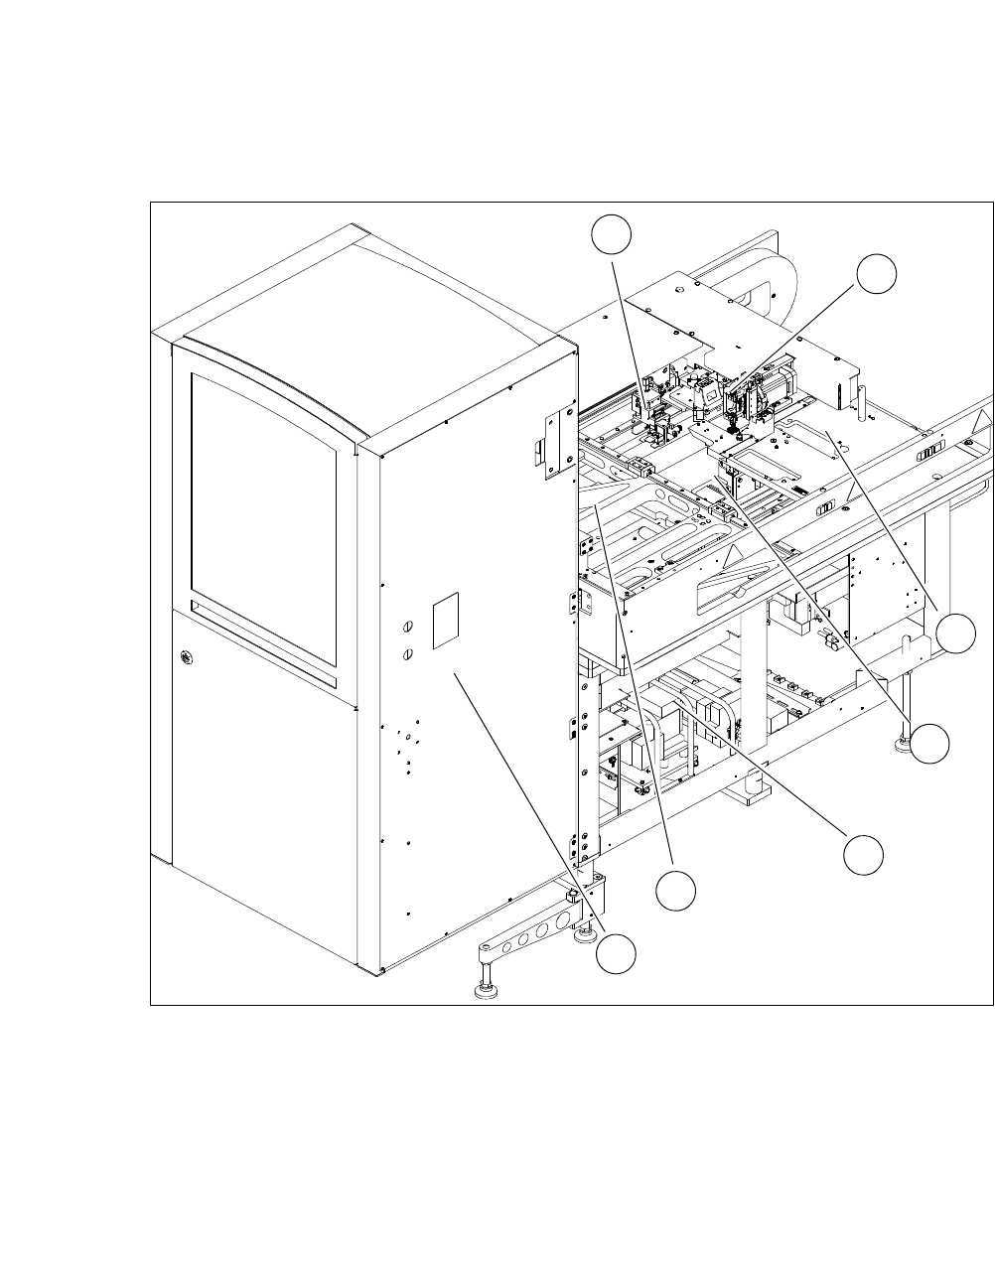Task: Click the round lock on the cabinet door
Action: point(186,656)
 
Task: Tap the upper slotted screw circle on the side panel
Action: point(407,628)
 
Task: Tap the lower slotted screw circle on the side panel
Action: point(407,653)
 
